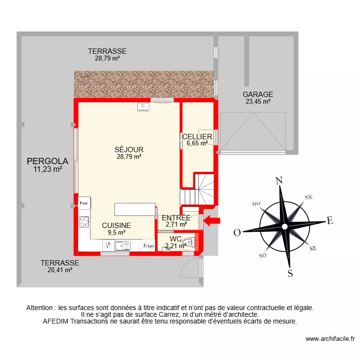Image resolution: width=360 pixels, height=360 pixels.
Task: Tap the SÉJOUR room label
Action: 129,150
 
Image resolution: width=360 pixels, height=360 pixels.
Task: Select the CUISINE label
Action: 116,225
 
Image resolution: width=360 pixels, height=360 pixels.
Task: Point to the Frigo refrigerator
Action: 149,246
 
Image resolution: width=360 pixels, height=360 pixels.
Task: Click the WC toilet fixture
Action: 189,243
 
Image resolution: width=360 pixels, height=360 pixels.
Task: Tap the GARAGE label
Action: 257,95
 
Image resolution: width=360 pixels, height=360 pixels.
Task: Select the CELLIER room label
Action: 197,137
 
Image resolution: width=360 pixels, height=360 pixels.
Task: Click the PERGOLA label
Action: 48,161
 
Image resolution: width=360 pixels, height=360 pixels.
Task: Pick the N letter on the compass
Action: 278,181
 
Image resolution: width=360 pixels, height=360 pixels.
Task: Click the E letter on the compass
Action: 329,221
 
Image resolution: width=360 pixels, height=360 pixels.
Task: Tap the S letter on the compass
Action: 290,274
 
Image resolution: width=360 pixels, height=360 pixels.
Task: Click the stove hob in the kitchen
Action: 84,222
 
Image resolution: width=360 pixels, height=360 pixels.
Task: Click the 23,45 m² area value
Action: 257,101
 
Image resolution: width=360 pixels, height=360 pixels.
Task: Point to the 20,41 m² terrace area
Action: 60,270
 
